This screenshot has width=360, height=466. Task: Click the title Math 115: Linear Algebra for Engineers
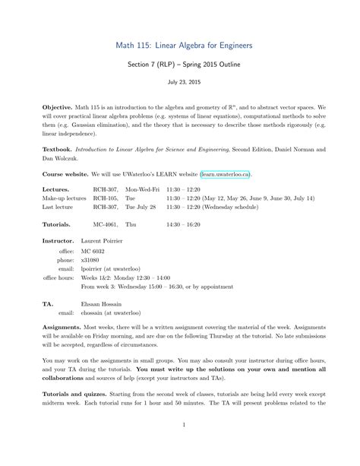(x=180, y=46)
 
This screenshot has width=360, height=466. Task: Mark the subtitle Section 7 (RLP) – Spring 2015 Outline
(x=180, y=65)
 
